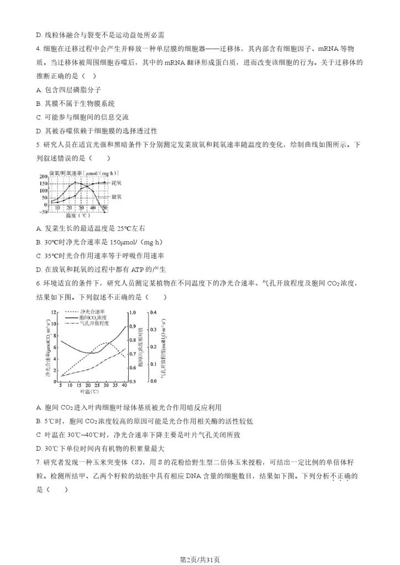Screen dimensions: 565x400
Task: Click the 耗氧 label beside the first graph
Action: [x=116, y=182]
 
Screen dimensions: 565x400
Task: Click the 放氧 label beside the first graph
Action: [x=116, y=196]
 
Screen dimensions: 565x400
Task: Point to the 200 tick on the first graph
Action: [x=42, y=176]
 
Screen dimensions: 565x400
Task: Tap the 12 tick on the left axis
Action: [x=54, y=313]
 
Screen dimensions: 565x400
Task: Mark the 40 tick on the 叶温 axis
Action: [x=125, y=385]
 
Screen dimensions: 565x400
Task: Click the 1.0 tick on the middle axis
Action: [x=133, y=313]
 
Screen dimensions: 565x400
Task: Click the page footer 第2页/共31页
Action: [x=199, y=558]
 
